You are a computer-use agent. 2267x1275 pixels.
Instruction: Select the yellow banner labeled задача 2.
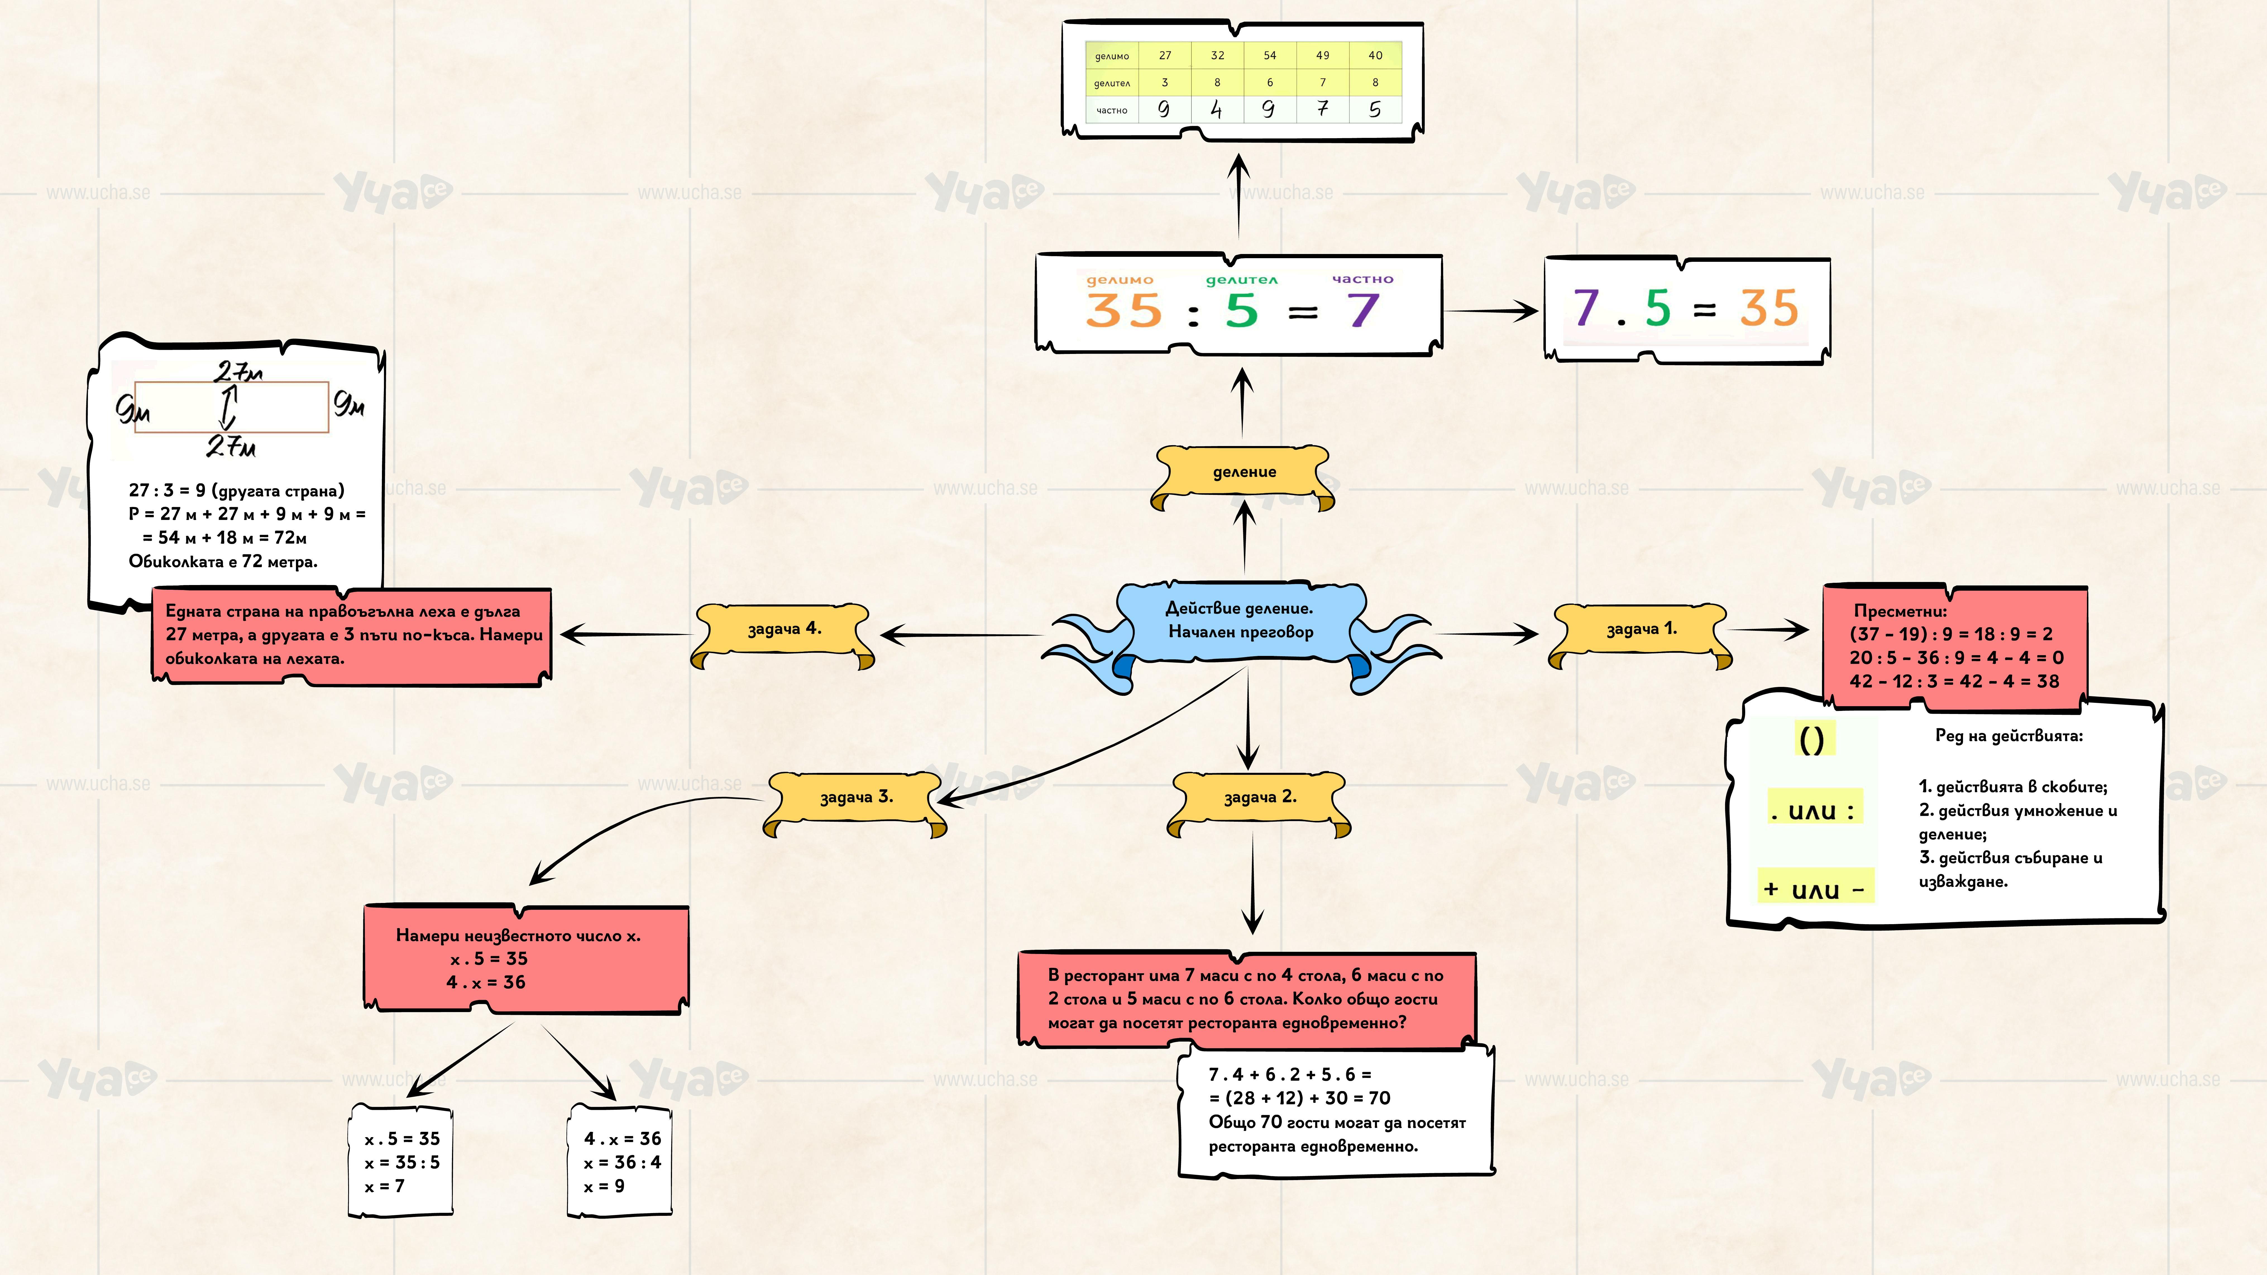tap(1259, 798)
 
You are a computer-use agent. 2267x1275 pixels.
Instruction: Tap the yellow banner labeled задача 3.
tap(855, 798)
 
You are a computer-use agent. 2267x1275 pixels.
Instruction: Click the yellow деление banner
tap(1243, 473)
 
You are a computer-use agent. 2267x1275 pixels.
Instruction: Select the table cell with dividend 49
tap(1322, 56)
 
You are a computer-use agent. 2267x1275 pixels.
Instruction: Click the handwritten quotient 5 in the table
tap(1375, 110)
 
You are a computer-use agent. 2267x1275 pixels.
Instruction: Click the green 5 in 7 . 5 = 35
tap(1657, 308)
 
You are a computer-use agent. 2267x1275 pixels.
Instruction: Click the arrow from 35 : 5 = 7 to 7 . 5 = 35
tap(1492, 311)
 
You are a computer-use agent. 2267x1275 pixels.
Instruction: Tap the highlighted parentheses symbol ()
tap(1811, 740)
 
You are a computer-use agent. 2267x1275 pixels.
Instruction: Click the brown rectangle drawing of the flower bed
tap(231, 406)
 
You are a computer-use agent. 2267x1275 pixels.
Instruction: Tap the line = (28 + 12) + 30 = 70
tap(1299, 1098)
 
